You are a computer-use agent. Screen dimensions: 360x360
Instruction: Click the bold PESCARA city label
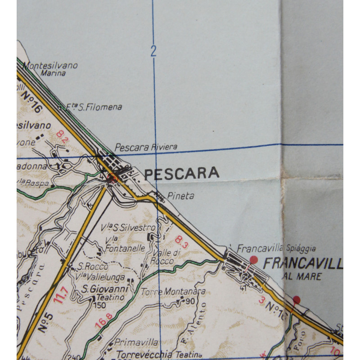pyautogui.click(x=182, y=173)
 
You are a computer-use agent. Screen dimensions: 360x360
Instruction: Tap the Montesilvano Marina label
pyautogui.click(x=50, y=69)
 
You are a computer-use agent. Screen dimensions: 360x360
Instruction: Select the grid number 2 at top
pyautogui.click(x=153, y=51)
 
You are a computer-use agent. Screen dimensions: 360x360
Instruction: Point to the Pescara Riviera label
pyautogui.click(x=146, y=147)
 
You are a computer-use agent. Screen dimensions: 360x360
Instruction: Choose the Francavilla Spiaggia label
pyautogui.click(x=276, y=248)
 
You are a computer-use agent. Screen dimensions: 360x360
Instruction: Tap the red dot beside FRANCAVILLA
pyautogui.click(x=253, y=260)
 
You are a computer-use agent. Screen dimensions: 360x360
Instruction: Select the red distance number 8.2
pyautogui.click(x=63, y=136)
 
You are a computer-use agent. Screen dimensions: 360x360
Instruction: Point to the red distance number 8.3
pyautogui.click(x=181, y=242)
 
